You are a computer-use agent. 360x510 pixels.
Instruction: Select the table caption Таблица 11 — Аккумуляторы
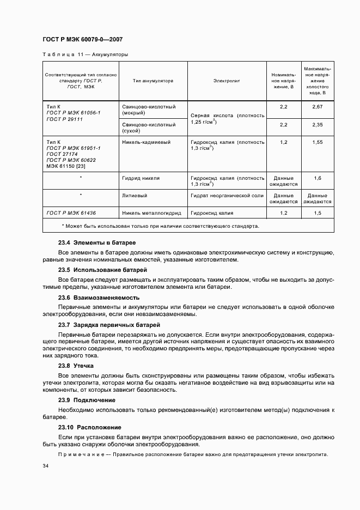[85, 55]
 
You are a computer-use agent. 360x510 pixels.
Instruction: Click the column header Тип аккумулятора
[152, 81]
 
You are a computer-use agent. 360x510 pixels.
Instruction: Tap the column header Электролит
[227, 81]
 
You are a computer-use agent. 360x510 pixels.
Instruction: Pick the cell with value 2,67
[318, 107]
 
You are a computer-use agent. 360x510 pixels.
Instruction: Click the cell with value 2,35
[318, 125]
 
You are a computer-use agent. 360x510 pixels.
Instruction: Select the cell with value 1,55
[318, 142]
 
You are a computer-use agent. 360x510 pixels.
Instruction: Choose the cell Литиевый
[136, 195]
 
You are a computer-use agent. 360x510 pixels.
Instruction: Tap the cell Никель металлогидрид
[151, 212]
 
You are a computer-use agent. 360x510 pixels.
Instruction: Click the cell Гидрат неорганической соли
[227, 195]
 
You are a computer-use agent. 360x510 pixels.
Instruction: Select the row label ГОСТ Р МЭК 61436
[74, 212]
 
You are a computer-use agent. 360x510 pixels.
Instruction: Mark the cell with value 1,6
[318, 178]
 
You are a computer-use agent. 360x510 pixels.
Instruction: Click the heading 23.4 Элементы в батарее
[97, 242]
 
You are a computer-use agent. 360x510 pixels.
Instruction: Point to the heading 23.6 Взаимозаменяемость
[99, 298]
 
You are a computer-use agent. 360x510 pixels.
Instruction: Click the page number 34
[46, 466]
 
